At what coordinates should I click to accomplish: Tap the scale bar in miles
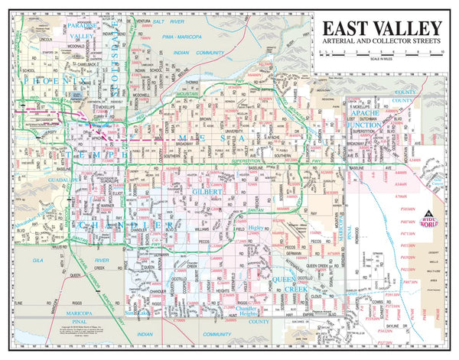coord(379,55)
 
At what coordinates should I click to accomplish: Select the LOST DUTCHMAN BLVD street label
coord(382,120)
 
